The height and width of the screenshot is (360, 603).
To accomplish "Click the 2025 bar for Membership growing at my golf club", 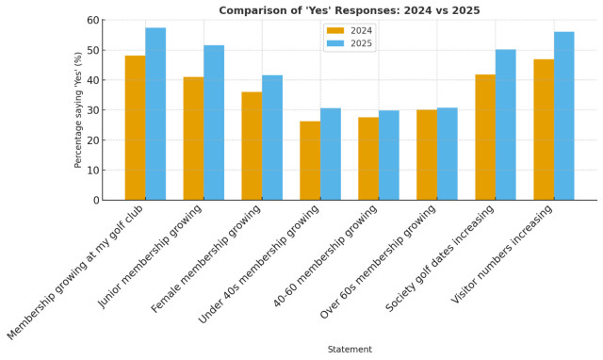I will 155,114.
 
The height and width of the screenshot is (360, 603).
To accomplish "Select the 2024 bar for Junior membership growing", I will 193,139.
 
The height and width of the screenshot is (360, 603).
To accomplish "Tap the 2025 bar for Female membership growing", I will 272,138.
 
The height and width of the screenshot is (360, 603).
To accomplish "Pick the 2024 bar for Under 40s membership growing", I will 310,160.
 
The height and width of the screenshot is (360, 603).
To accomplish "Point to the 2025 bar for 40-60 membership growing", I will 388,155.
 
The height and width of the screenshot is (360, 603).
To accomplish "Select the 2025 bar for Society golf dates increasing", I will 505,124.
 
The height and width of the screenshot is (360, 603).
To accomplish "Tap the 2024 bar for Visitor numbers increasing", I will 544,130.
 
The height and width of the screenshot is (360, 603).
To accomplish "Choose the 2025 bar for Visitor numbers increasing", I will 564,116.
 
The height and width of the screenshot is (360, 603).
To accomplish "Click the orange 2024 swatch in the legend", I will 336,30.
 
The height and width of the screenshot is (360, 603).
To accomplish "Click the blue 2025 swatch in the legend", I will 336,43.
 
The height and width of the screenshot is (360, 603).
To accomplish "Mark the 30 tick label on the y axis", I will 91,110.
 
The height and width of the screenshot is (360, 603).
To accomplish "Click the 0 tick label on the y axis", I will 94,201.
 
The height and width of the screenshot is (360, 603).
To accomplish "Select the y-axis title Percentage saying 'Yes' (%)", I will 79,110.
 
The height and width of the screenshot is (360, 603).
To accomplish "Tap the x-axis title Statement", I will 350,350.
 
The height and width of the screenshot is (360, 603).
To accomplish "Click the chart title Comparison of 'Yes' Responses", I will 350,10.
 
